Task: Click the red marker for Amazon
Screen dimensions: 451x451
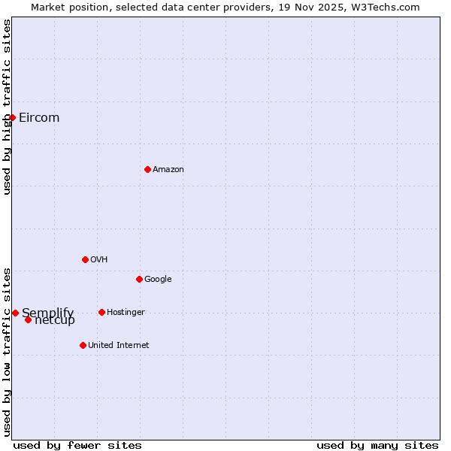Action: (147, 169)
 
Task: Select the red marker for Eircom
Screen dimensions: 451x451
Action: (12, 117)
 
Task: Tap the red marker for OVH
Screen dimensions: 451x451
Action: (85, 259)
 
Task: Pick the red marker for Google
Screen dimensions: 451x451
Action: (139, 279)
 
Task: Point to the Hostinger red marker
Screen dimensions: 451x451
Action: (101, 312)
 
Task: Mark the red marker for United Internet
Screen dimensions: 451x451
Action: (83, 345)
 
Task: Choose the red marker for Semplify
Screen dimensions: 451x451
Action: (15, 313)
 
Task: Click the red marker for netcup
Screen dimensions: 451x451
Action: (28, 319)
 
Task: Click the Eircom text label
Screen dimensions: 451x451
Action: (39, 117)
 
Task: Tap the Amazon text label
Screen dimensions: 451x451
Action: (168, 169)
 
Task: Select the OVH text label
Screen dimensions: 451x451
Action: (99, 259)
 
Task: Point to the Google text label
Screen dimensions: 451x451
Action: (158, 279)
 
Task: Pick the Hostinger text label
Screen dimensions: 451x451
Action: (126, 312)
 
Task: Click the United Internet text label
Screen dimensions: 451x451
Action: (119, 345)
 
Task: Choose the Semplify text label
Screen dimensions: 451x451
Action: (48, 312)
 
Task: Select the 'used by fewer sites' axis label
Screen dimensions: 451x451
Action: (77, 445)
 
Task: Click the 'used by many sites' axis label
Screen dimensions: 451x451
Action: (377, 445)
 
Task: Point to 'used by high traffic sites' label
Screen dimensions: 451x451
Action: (7, 107)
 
